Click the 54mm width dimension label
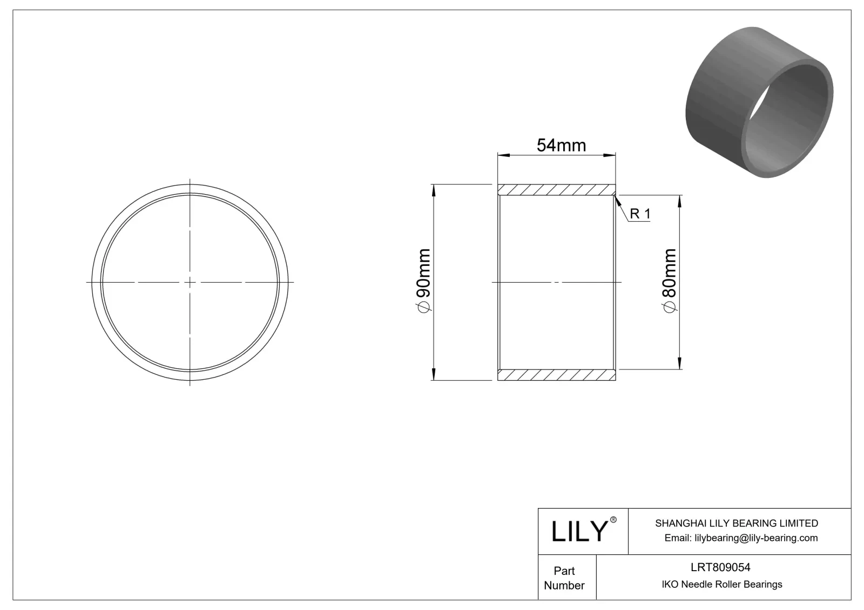click(561, 145)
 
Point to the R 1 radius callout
click(640, 214)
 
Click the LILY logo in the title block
click(579, 531)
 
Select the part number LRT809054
click(720, 567)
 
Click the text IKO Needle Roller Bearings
click(721, 584)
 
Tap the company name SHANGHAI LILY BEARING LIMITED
click(736, 523)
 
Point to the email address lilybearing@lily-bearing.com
click(740, 538)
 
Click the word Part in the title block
click(564, 571)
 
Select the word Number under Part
click(564, 585)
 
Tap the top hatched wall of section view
click(556, 190)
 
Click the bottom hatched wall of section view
click(556, 374)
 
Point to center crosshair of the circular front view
click(190, 282)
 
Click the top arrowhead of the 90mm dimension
click(434, 189)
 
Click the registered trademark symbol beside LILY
click(613, 520)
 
